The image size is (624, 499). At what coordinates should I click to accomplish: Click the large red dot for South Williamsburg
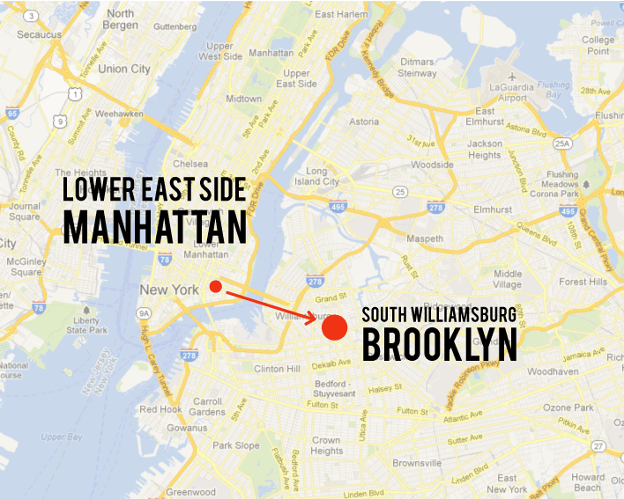click(333, 327)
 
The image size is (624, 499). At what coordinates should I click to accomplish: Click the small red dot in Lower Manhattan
click(216, 286)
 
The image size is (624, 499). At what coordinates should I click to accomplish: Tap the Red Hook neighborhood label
click(160, 409)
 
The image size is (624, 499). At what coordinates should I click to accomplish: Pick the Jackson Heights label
click(485, 149)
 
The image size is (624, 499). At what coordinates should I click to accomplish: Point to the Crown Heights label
click(326, 445)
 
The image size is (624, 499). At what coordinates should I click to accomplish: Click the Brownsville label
click(416, 463)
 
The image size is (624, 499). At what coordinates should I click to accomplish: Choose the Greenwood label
click(190, 492)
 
